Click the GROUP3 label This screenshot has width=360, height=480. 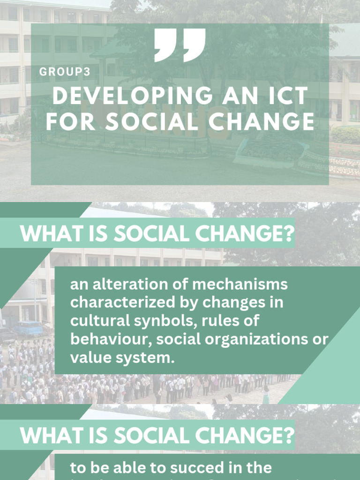tap(65, 72)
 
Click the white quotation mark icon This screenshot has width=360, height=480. tap(180, 45)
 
